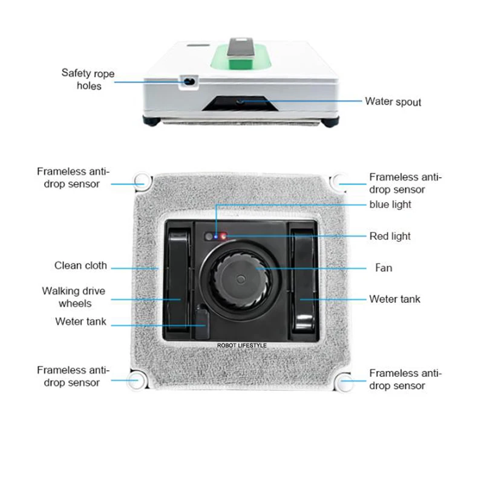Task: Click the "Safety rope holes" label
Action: [x=88, y=79]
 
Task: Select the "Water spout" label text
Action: [x=393, y=101]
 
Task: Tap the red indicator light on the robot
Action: [x=223, y=236]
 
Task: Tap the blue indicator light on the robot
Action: [x=215, y=236]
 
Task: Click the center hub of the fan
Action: [x=240, y=280]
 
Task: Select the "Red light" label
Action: [x=390, y=236]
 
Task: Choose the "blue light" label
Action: [x=390, y=204]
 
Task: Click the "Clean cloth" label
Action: [x=80, y=265]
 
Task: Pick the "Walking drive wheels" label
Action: [x=73, y=296]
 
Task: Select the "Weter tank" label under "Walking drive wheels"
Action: [x=80, y=322]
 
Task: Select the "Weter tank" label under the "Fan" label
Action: [x=394, y=299]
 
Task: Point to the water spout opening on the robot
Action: [x=241, y=102]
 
